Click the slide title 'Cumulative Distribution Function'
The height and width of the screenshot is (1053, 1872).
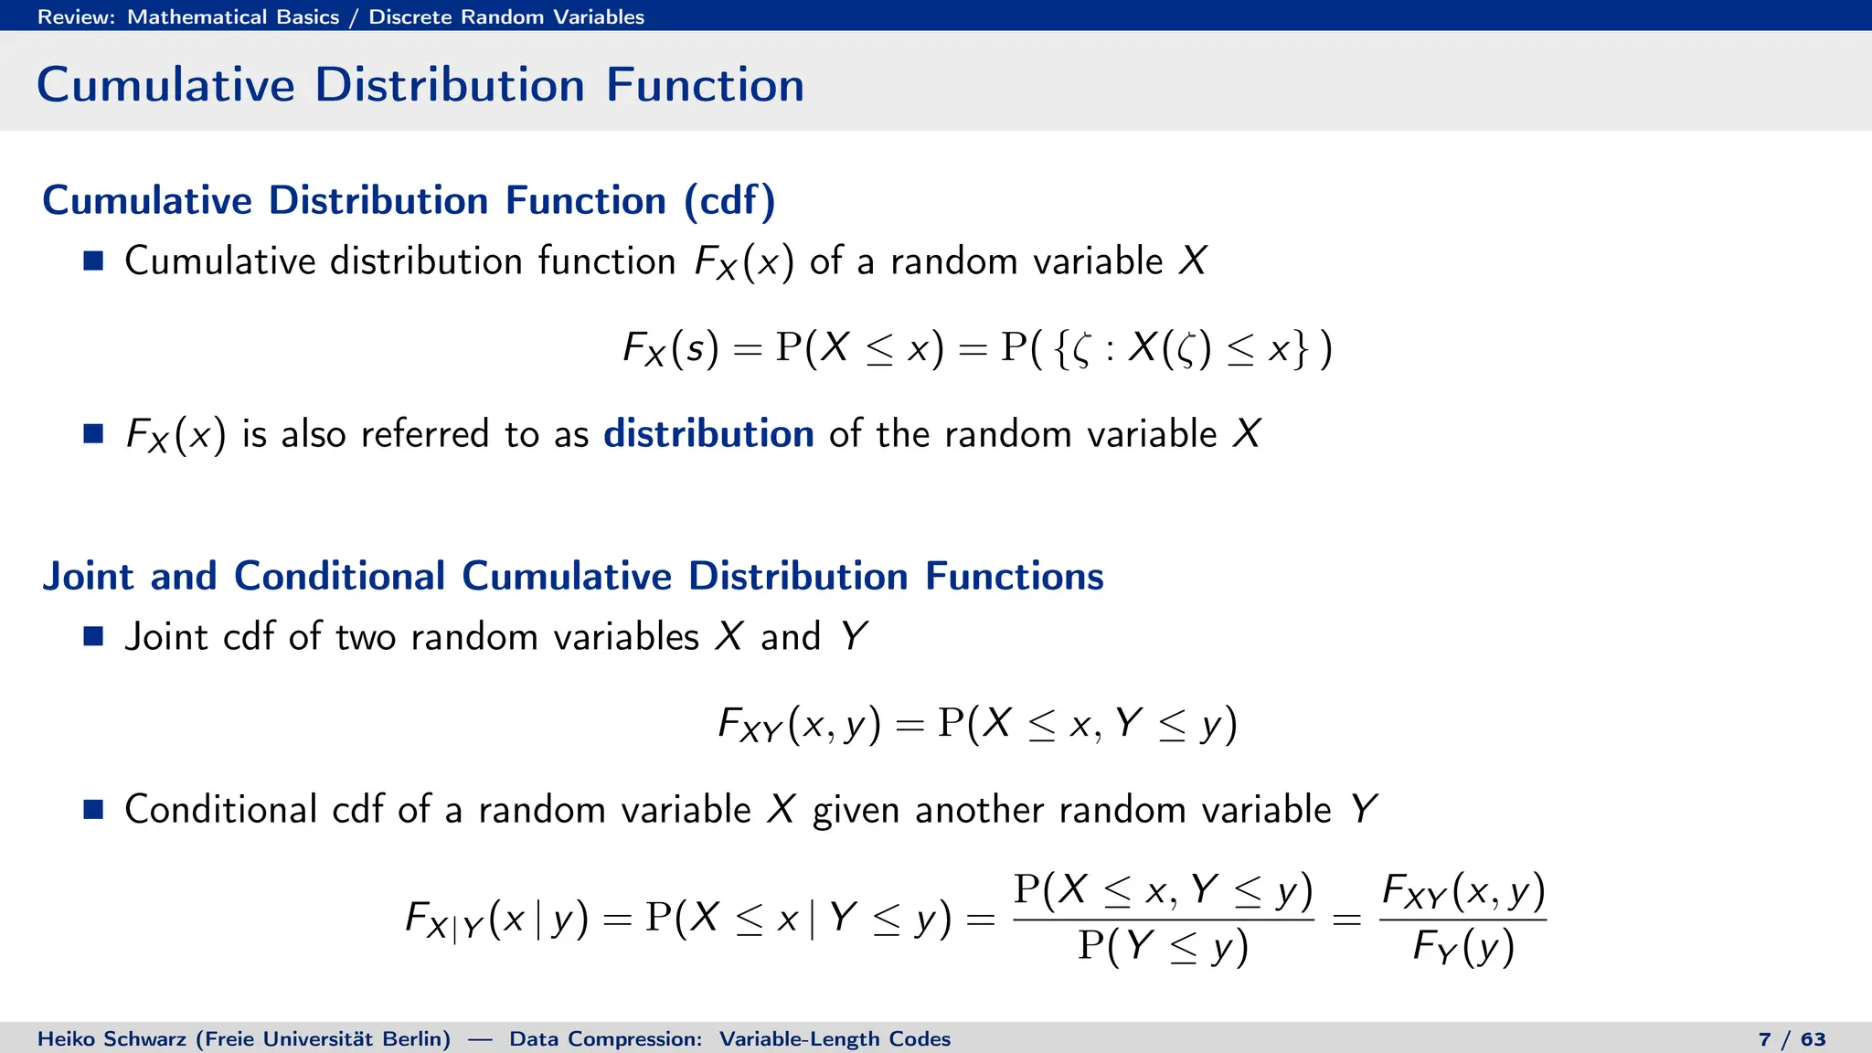pyautogui.click(x=420, y=85)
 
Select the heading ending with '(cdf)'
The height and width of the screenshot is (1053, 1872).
pyautogui.click(x=409, y=200)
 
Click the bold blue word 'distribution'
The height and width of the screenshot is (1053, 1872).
pyautogui.click(x=708, y=433)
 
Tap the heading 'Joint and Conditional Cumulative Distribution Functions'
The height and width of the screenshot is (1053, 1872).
pyautogui.click(x=573, y=576)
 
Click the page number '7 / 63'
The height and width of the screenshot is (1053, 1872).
pyautogui.click(x=1792, y=1038)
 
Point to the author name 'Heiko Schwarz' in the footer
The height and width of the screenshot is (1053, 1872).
pyautogui.click(x=115, y=1038)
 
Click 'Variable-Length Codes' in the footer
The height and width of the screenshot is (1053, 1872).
pyautogui.click(x=835, y=1038)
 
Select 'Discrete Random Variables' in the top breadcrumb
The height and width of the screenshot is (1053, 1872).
pyautogui.click(x=506, y=16)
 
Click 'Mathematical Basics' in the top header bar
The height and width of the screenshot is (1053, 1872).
pyautogui.click(x=233, y=16)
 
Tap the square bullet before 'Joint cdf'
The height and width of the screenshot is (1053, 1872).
pyautogui.click(x=93, y=636)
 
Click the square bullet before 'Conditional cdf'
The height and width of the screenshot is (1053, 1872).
pyautogui.click(x=93, y=809)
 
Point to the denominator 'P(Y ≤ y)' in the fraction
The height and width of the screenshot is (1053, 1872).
pyautogui.click(x=1163, y=946)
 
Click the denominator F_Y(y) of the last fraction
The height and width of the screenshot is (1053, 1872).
pyautogui.click(x=1462, y=946)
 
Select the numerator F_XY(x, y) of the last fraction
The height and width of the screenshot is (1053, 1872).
pyautogui.click(x=1462, y=891)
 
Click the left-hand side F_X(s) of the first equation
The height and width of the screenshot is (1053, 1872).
pyautogui.click(x=670, y=349)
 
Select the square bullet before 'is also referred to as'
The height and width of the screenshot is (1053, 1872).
pyautogui.click(x=93, y=433)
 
